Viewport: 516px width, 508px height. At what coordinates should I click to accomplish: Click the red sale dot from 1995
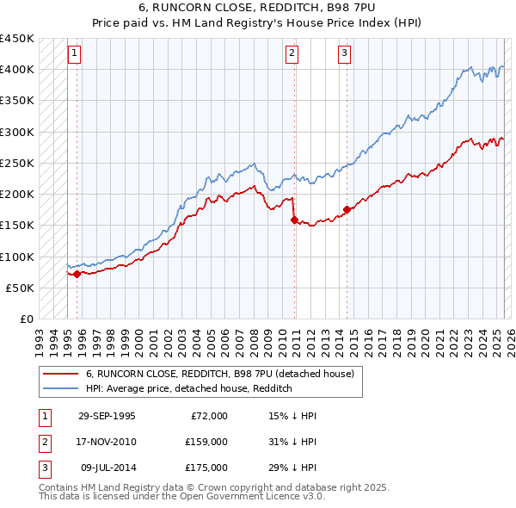coord(77,274)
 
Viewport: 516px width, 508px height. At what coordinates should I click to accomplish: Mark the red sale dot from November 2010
coord(294,220)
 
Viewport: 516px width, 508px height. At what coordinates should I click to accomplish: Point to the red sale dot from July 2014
coord(347,209)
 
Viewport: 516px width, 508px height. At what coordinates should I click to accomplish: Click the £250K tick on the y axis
coord(17,163)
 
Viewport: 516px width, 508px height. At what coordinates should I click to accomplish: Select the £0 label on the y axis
coord(27,319)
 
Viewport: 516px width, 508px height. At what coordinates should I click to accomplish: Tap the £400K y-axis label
coord(17,69)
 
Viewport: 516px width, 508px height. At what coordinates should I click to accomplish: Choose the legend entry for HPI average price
coord(189,389)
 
